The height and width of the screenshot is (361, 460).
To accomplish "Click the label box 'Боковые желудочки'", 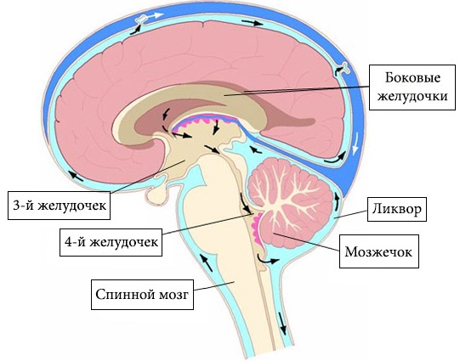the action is click(412, 87).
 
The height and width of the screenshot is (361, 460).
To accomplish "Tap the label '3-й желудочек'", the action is click(59, 206).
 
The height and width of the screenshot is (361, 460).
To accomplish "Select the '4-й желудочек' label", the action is click(111, 242).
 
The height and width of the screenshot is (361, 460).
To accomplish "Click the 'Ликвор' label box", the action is click(397, 209).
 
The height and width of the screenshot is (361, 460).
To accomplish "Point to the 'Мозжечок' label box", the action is click(379, 251).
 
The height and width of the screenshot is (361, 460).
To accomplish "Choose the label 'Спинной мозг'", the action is click(142, 295).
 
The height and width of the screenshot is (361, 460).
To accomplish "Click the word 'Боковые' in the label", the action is click(412, 78).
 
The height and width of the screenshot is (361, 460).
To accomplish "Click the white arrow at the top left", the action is click(154, 16).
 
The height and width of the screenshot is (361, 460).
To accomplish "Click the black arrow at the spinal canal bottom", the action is click(282, 323).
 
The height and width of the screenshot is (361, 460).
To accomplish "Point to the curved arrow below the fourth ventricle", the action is click(266, 260).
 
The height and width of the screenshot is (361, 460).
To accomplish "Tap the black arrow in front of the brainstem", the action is click(207, 262).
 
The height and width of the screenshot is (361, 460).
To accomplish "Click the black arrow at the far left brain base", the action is click(76, 176).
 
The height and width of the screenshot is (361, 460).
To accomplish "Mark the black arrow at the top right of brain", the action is click(253, 23).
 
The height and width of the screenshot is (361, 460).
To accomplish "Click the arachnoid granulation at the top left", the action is click(142, 20).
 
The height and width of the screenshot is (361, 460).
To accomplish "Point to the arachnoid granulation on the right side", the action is click(344, 67).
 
